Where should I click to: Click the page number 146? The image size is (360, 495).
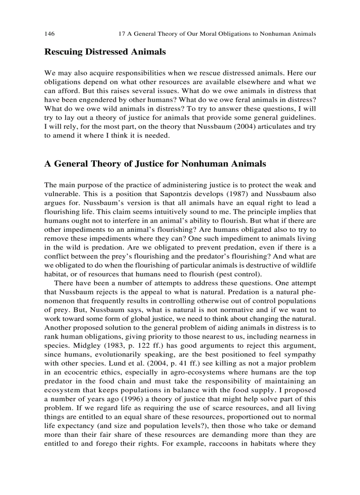[x=49, y=33]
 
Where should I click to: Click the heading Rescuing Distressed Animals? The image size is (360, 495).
[x=105, y=52]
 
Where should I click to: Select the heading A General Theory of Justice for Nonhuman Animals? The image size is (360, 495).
[x=155, y=164]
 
